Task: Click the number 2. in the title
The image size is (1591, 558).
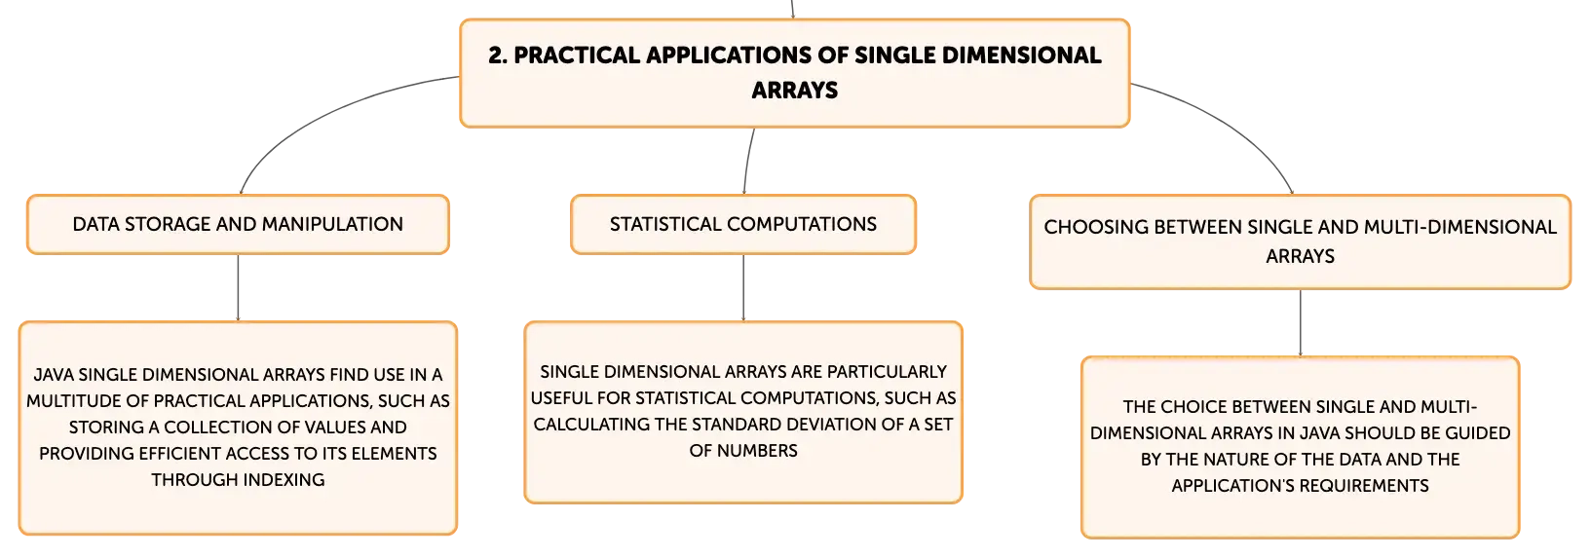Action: point(497,56)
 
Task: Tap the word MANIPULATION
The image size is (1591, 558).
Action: point(332,224)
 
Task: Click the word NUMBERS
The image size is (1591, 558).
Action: point(757,451)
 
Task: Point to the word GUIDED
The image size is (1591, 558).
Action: point(1479,433)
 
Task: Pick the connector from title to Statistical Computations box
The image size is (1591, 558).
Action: point(747,161)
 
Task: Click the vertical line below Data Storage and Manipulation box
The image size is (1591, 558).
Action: point(238,287)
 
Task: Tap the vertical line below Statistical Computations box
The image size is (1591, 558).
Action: point(743,287)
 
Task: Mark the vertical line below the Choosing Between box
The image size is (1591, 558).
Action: point(1301,323)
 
